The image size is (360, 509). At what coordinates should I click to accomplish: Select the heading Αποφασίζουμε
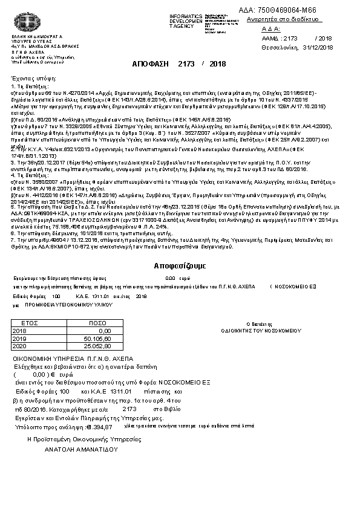pyautogui.click(x=180, y=265)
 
